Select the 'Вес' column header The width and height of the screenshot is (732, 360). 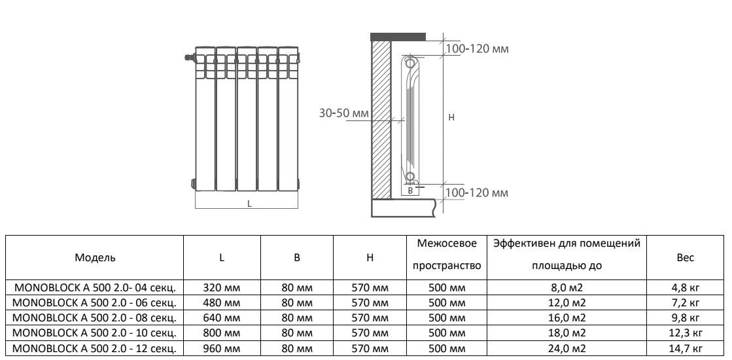point(684,258)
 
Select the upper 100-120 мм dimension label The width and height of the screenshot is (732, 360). point(477,49)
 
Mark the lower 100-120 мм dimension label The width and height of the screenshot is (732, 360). point(477,193)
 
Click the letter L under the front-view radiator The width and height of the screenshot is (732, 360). point(249,204)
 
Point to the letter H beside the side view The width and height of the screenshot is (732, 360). point(451,117)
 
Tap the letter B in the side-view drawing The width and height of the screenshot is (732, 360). point(410,191)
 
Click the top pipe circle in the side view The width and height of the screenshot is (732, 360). point(410,63)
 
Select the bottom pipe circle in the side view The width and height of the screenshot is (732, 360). point(410,177)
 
